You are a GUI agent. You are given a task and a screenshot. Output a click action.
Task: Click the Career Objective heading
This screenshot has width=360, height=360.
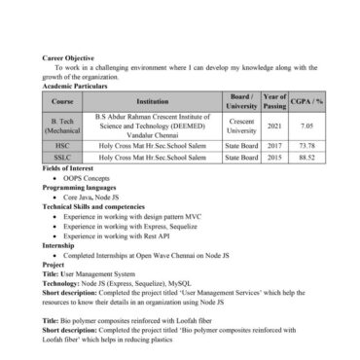tap(68, 57)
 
